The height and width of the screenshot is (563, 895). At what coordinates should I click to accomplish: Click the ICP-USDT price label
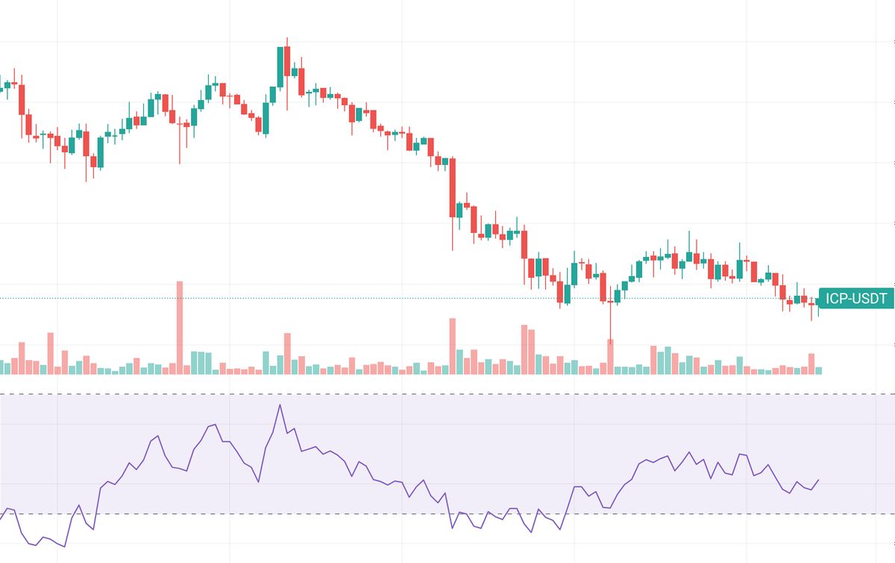856,299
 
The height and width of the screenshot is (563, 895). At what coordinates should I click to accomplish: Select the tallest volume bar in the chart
179,327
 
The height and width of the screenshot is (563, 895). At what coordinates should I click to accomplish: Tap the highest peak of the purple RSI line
280,405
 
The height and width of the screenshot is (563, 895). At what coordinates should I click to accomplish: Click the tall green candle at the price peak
280,67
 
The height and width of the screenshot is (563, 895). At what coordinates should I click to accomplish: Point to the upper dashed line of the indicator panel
447,394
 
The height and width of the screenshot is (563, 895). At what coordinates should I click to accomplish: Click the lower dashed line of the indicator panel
447,514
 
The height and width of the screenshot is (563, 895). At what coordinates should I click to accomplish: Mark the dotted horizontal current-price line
373,298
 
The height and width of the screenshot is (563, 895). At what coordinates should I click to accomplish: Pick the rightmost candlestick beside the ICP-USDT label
819,302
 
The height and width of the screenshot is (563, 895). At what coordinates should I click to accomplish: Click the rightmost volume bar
819,370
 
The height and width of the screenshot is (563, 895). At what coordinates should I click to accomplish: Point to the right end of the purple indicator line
819,480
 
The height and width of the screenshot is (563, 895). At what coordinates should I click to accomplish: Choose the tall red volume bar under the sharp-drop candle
452,346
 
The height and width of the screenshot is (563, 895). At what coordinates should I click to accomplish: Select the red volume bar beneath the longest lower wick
610,356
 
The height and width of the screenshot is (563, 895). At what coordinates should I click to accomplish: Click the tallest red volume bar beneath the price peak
287,353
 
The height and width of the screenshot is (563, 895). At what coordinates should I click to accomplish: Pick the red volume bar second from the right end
811,364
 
